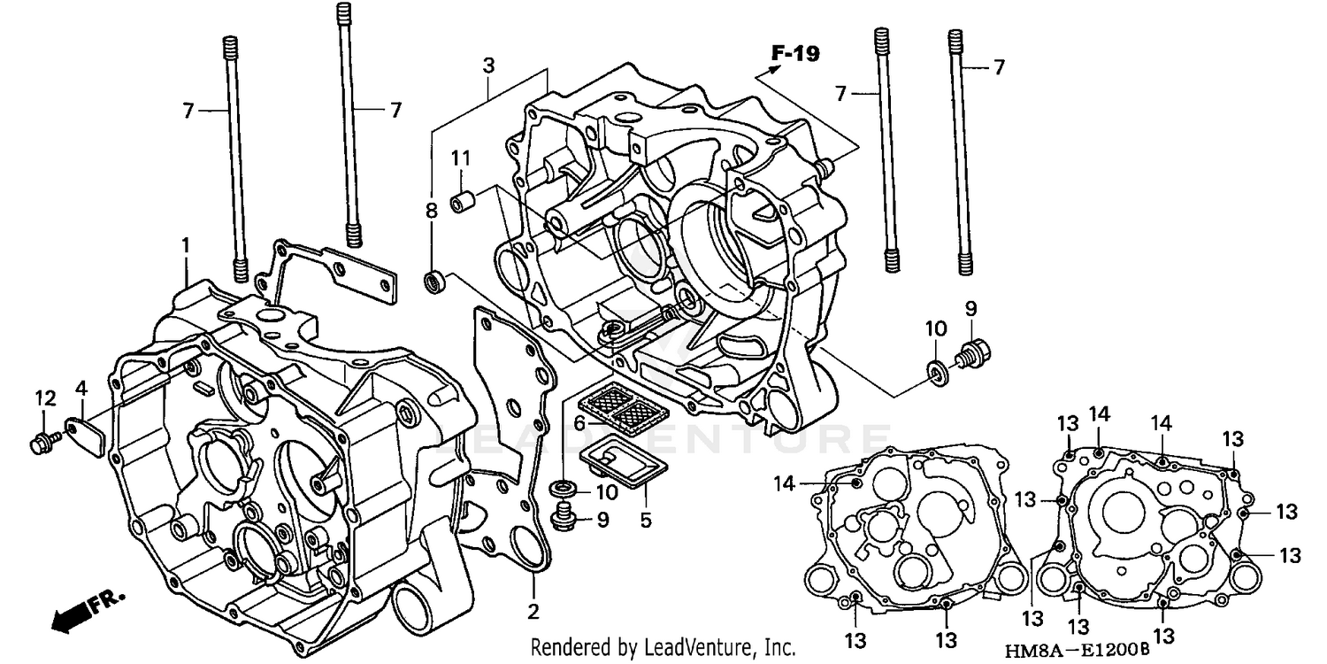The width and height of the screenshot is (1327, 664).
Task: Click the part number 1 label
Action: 186,244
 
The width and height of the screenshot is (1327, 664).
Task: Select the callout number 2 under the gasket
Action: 533,611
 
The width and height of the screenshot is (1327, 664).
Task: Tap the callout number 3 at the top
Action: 487,66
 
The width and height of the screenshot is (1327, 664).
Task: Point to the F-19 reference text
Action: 794,54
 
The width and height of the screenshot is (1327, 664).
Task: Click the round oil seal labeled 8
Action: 434,281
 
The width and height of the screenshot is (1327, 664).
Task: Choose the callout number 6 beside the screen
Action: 579,423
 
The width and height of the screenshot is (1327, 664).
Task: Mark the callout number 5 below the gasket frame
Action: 646,521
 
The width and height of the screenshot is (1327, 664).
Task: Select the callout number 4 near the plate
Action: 81,388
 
